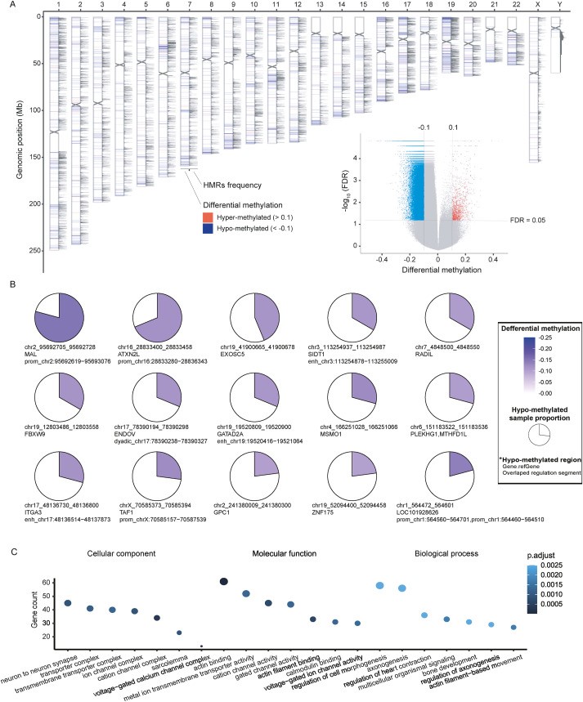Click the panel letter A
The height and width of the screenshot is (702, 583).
pos(6,7)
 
